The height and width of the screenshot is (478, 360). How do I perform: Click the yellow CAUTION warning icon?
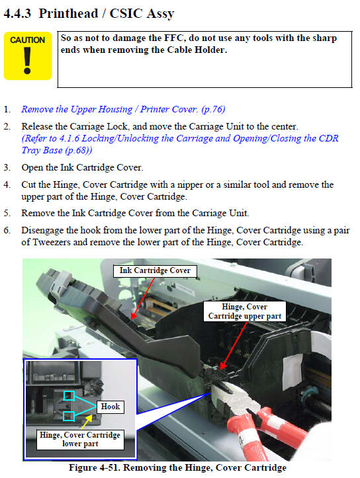pos(28,56)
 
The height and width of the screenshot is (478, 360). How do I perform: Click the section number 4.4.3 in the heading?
pos(17,13)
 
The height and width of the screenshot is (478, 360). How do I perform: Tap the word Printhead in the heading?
pos(68,13)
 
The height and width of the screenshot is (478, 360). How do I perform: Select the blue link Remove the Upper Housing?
pos(77,109)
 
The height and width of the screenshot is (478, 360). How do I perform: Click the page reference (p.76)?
pos(213,109)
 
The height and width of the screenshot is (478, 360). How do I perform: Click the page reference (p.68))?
pos(79,150)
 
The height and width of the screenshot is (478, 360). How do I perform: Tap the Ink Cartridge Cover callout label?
pos(155,270)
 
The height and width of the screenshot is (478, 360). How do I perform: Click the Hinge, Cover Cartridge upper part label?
pos(245,311)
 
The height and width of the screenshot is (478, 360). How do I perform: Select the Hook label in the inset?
pos(111,407)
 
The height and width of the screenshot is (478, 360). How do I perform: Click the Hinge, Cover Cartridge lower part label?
pos(80,439)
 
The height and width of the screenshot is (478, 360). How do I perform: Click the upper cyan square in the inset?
pos(69,396)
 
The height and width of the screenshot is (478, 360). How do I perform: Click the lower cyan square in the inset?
pos(69,416)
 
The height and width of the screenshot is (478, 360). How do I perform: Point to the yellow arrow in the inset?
pos(87,422)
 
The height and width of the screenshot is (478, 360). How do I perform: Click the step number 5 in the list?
pos(7,213)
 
